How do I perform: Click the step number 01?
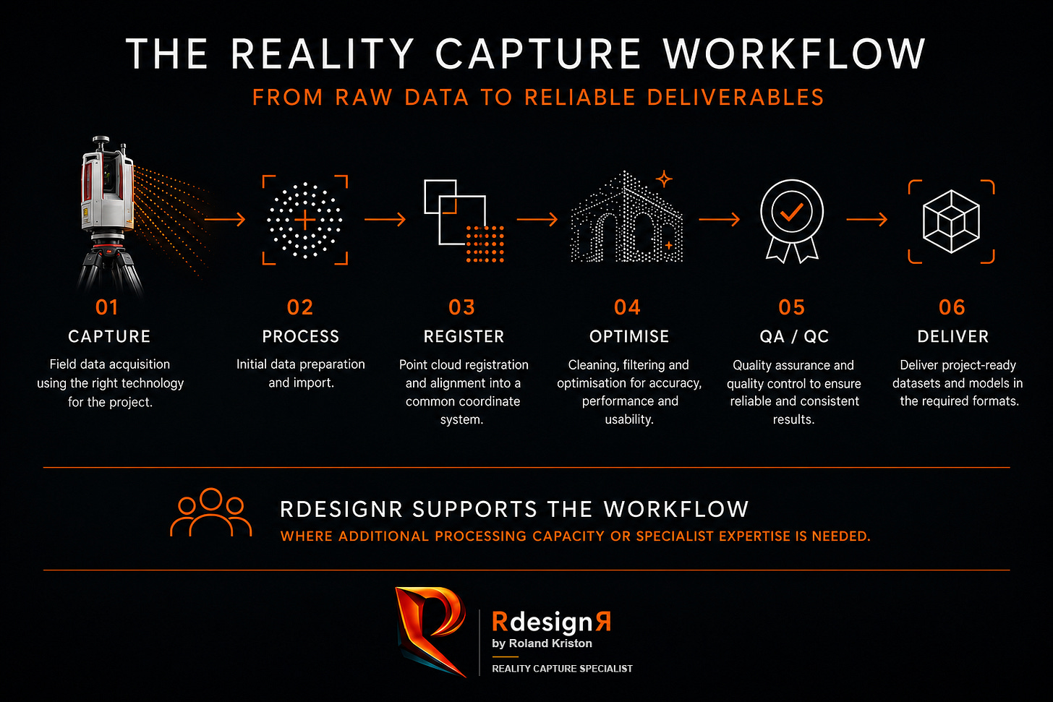[x=107, y=307]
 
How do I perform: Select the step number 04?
[x=627, y=307]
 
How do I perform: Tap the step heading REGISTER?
[x=464, y=336]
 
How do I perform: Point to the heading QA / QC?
[x=794, y=336]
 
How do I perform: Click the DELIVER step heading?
[x=953, y=336]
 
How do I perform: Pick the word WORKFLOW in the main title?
[x=794, y=53]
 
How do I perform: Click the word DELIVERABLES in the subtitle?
[x=736, y=98]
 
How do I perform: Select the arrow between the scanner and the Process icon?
[x=225, y=219]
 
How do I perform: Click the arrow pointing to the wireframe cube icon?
[x=867, y=219]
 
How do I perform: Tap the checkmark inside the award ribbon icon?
[x=792, y=213]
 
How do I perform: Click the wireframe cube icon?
[x=952, y=221]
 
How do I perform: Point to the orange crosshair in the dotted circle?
[x=305, y=220]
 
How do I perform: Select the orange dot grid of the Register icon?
[x=485, y=244]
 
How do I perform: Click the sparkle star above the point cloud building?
[x=664, y=179]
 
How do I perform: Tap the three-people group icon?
[x=210, y=513]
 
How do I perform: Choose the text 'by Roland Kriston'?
[x=542, y=643]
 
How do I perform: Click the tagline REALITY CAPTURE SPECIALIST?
[x=562, y=669]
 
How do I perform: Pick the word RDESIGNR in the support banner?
[x=341, y=510]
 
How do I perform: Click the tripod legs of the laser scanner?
[x=109, y=273]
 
